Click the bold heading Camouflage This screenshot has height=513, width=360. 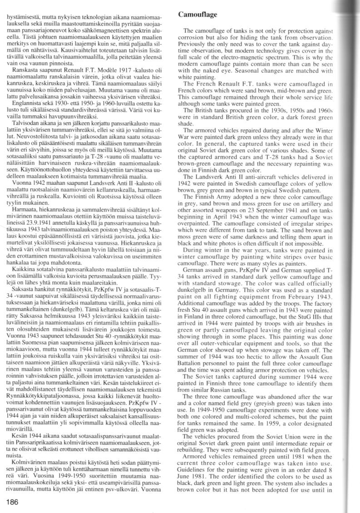pyautogui.click(x=197, y=15)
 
